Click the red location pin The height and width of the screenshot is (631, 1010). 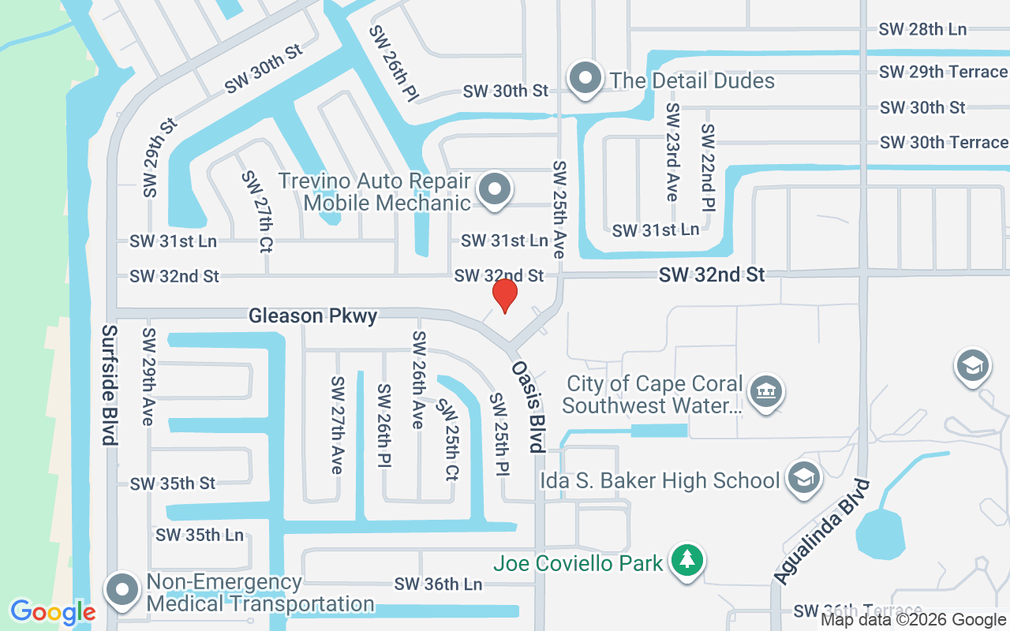[x=504, y=295]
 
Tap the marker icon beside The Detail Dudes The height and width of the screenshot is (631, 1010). [x=585, y=79]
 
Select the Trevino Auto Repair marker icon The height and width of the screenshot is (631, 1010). [x=495, y=190]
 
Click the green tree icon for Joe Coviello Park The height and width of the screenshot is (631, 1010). [x=687, y=560]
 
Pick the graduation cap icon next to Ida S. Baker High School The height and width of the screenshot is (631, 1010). [x=804, y=478]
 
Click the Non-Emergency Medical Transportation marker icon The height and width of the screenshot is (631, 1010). [x=122, y=591]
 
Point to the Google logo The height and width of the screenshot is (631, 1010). [x=53, y=612]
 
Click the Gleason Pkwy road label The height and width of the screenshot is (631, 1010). [x=312, y=316]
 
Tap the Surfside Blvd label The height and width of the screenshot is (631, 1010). [x=110, y=385]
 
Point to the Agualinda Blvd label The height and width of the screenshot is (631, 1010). [x=821, y=532]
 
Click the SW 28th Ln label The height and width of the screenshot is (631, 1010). [x=922, y=29]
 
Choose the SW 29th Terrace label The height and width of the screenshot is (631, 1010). [x=943, y=72]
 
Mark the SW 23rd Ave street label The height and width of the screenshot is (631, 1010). [x=671, y=151]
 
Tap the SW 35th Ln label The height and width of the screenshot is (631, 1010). [x=200, y=535]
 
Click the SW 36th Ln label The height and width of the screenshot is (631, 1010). [x=438, y=584]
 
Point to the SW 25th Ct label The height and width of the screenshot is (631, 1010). [x=448, y=440]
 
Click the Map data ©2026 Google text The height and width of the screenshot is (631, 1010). [x=913, y=620]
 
